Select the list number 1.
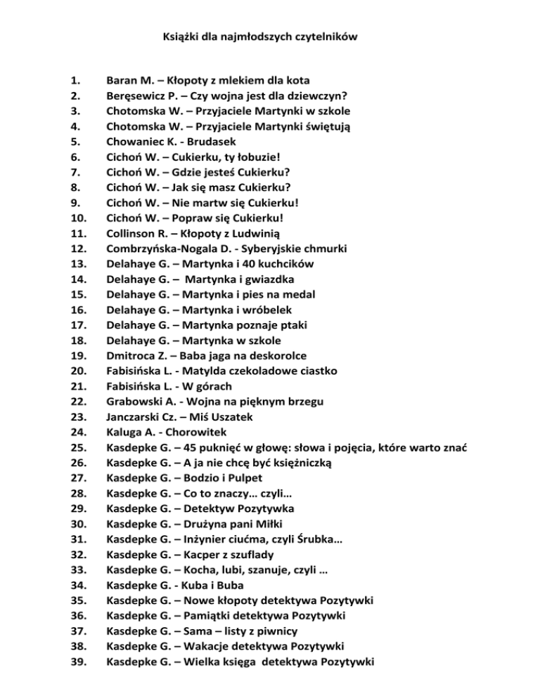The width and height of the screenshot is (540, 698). point(76,81)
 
